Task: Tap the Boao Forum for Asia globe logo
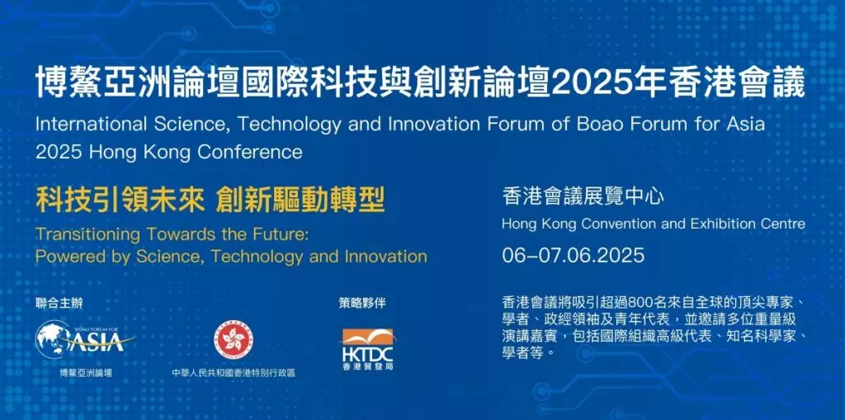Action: point(85,341)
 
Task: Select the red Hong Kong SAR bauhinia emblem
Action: point(233,339)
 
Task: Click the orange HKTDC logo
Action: point(367,349)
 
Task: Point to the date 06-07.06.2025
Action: point(573,254)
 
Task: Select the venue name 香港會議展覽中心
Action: point(583,196)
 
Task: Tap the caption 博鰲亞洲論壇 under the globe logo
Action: point(86,373)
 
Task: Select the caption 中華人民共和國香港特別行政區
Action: point(234,373)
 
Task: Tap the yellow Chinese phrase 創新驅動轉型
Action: point(299,201)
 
